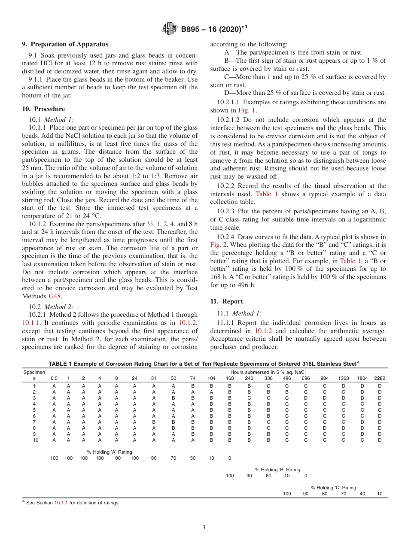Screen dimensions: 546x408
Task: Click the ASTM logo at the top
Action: click(x=170, y=29)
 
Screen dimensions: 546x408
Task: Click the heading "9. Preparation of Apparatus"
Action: click(x=65, y=44)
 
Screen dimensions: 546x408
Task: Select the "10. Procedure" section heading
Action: click(x=43, y=109)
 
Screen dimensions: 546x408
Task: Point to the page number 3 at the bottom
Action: click(x=204, y=528)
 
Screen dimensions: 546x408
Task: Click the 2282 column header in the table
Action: click(x=380, y=378)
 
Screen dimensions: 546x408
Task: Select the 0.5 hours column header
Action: click(x=54, y=378)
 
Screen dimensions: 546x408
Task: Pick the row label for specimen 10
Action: click(x=35, y=440)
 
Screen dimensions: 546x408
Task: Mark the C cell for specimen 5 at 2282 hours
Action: click(x=380, y=409)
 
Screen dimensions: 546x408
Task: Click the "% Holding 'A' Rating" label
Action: click(x=110, y=452)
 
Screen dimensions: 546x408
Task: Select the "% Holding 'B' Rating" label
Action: click(x=277, y=470)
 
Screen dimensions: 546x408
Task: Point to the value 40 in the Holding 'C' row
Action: click(x=362, y=494)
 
